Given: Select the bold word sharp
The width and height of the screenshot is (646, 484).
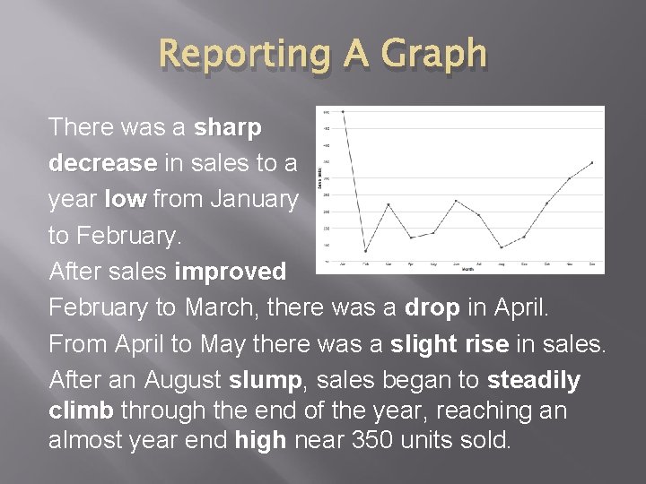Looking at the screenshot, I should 228,128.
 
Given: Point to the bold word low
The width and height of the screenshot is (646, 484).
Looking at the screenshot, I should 124,200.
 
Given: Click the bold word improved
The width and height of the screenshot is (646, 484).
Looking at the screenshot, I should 231,272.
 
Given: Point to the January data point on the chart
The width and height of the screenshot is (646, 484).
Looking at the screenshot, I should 342,112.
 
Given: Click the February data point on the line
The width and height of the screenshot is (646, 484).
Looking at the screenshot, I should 365,251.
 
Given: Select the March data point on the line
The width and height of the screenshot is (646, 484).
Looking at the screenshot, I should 388,204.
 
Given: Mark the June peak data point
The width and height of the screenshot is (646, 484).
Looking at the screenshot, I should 456,200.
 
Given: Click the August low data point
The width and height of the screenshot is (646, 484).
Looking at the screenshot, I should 502,247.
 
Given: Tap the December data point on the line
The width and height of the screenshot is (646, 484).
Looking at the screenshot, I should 592,162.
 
